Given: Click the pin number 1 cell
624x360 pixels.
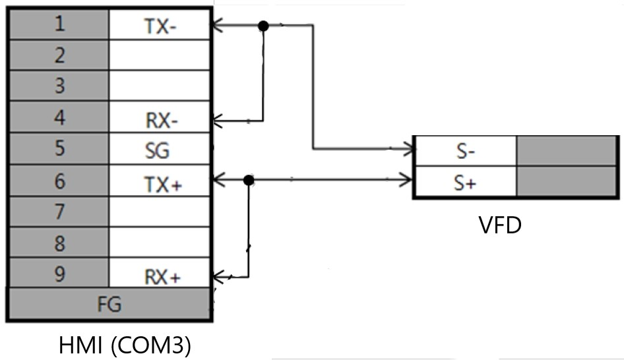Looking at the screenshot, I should click(x=59, y=25).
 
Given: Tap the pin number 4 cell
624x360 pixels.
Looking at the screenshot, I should click(x=59, y=119).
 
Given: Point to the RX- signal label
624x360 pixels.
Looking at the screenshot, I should click(x=159, y=121).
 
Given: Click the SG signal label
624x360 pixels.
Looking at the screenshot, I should click(x=158, y=151).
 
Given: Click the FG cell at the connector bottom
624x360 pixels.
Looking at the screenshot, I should click(x=109, y=304).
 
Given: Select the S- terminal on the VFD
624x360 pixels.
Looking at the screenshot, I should click(x=465, y=151).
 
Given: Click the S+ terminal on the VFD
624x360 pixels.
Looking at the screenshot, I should click(x=465, y=183).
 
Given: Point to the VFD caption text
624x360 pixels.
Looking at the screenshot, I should click(x=499, y=225).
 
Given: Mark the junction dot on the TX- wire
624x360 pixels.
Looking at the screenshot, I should click(x=263, y=26).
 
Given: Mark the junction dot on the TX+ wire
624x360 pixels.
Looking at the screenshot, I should click(x=249, y=179).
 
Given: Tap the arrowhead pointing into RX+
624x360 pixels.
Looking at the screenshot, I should click(x=218, y=277).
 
